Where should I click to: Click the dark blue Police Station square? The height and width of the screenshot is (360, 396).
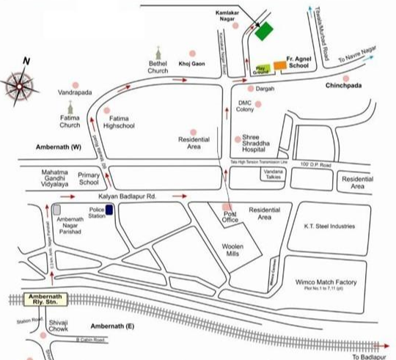[109, 210]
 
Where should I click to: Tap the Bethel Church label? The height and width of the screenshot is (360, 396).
[158, 67]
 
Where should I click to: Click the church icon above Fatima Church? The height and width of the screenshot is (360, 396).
[70, 108]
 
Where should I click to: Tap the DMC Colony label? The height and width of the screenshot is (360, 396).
[245, 106]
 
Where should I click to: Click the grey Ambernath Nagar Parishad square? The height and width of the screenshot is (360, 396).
[56, 210]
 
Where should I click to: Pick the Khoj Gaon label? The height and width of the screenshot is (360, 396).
[189, 65]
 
